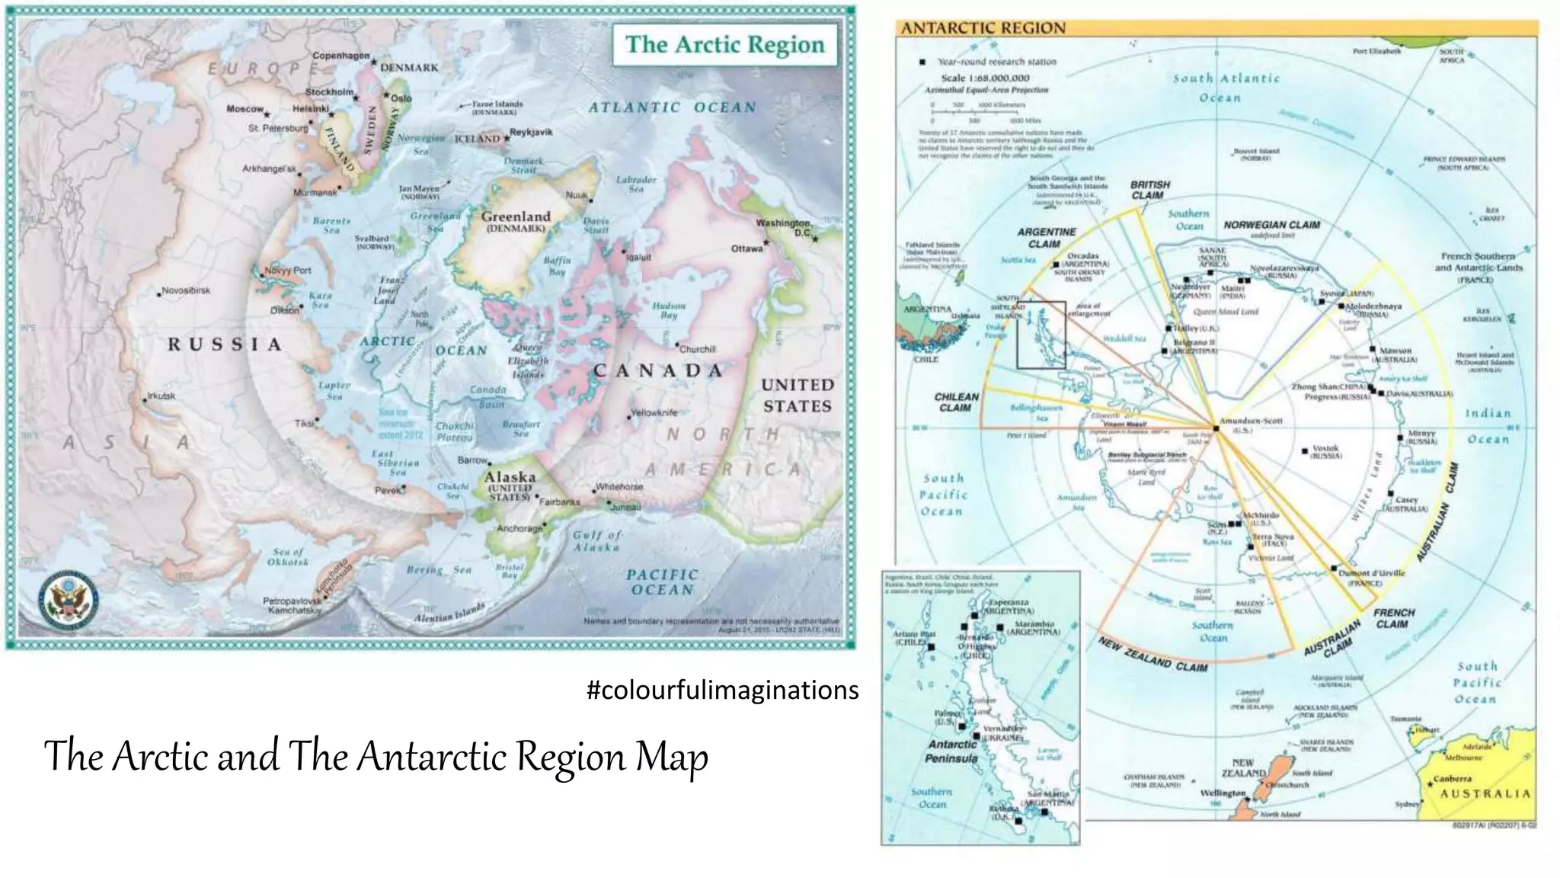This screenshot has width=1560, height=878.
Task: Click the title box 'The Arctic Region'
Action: [x=724, y=44]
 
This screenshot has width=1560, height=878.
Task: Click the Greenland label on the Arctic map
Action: [x=516, y=217]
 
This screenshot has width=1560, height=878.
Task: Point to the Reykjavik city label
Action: [x=531, y=132]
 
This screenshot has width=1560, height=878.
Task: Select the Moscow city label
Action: [x=245, y=109]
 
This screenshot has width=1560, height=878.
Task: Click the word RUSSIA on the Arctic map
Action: [x=225, y=344]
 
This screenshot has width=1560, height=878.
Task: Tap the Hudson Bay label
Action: [x=669, y=309]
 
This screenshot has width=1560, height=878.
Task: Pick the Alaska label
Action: [x=510, y=477]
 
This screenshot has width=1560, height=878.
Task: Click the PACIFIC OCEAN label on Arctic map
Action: [x=662, y=582]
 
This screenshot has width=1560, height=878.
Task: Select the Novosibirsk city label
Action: [x=187, y=290]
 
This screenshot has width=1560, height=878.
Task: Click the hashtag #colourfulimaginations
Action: [x=722, y=690]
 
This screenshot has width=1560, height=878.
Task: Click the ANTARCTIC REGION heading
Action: [x=983, y=28]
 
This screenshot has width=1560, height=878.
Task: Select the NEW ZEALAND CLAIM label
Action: [x=1152, y=655]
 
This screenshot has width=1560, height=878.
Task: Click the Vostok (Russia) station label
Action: [x=1325, y=449]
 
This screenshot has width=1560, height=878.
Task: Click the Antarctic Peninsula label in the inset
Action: [x=951, y=751]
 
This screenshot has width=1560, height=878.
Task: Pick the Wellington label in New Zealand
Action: [x=1222, y=793]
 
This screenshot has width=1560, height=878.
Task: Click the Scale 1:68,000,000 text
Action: [x=985, y=78]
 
